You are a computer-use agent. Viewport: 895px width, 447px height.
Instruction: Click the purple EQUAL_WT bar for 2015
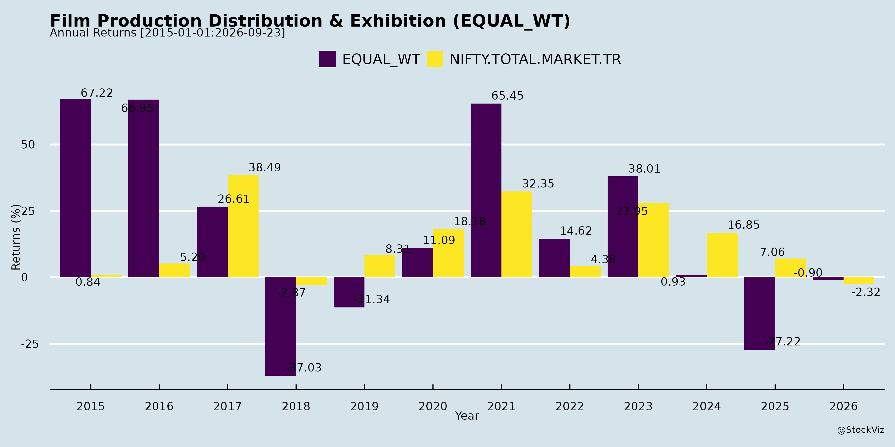pyautogui.click(x=75, y=188)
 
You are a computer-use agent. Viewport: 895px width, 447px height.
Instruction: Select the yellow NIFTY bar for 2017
pyautogui.click(x=243, y=226)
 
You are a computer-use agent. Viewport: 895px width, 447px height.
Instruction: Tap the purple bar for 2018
pyautogui.click(x=281, y=326)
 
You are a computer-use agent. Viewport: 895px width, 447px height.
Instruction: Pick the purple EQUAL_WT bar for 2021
pyautogui.click(x=486, y=190)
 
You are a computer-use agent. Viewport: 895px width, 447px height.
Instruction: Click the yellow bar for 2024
pyautogui.click(x=722, y=255)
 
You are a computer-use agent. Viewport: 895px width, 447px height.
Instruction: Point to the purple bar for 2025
pyautogui.click(x=760, y=313)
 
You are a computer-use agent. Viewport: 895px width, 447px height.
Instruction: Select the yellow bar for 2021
pyautogui.click(x=517, y=234)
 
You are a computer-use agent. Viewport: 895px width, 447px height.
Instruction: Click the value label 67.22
pyautogui.click(x=97, y=93)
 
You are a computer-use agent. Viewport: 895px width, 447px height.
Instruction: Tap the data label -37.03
pyautogui.click(x=303, y=368)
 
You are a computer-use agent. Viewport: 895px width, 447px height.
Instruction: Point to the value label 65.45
pyautogui.click(x=507, y=96)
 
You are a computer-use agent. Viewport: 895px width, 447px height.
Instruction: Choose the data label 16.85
pyautogui.click(x=744, y=225)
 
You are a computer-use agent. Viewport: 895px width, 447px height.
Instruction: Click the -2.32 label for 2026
pyautogui.click(x=865, y=292)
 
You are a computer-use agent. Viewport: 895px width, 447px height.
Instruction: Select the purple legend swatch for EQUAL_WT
pyautogui.click(x=327, y=59)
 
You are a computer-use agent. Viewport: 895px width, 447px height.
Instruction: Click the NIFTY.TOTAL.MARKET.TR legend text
pyautogui.click(x=535, y=59)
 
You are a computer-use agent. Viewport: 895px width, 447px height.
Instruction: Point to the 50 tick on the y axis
pyautogui.click(x=28, y=145)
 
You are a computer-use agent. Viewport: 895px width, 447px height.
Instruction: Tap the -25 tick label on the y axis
pyautogui.click(x=30, y=344)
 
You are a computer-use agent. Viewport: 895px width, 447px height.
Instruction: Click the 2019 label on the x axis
pyautogui.click(x=364, y=406)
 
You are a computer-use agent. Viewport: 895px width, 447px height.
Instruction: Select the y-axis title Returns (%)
pyautogui.click(x=16, y=237)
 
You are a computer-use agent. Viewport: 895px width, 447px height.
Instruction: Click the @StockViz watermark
pyautogui.click(x=861, y=430)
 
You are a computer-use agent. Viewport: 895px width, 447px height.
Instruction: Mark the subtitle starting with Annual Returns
pyautogui.click(x=168, y=33)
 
